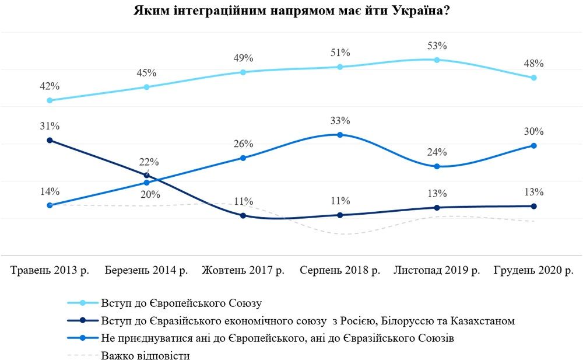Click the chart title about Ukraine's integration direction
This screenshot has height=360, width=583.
tap(291, 11)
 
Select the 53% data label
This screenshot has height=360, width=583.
tap(436, 46)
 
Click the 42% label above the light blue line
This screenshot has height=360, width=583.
tap(50, 86)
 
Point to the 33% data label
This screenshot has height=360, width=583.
tap(340, 121)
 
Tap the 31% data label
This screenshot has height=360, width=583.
tap(50, 126)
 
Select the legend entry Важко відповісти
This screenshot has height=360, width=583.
tap(145, 355)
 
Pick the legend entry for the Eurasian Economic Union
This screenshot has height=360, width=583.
tap(308, 320)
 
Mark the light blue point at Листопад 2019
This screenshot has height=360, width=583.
tap(437, 60)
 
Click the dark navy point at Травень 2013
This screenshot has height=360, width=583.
tap(50, 141)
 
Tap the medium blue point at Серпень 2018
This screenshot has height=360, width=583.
tap(340, 135)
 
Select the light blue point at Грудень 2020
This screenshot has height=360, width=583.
tap(533, 78)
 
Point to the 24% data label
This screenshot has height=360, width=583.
tap(437, 152)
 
